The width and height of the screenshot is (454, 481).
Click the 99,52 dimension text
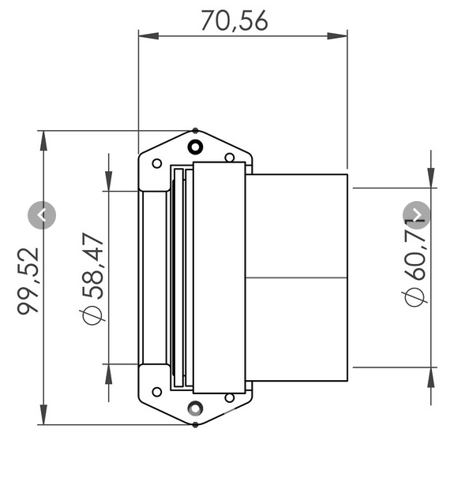[x=29, y=281]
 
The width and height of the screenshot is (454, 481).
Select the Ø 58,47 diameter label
[x=92, y=278]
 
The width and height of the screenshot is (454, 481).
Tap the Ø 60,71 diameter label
[x=415, y=262]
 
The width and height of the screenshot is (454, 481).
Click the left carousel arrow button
[x=42, y=214]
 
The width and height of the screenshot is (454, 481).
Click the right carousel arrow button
[x=417, y=214]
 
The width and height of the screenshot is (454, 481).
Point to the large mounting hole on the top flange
[x=195, y=147]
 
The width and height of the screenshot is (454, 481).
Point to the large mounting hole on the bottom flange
[x=195, y=408]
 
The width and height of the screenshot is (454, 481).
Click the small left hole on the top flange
[x=157, y=163]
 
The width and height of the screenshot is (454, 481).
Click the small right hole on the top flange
[x=229, y=158]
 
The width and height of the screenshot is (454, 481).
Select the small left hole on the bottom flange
[x=157, y=391]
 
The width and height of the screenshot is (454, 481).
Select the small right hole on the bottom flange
[x=229, y=397]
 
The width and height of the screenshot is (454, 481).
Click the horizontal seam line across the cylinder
[x=296, y=278]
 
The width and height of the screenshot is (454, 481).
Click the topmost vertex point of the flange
[x=195, y=130]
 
